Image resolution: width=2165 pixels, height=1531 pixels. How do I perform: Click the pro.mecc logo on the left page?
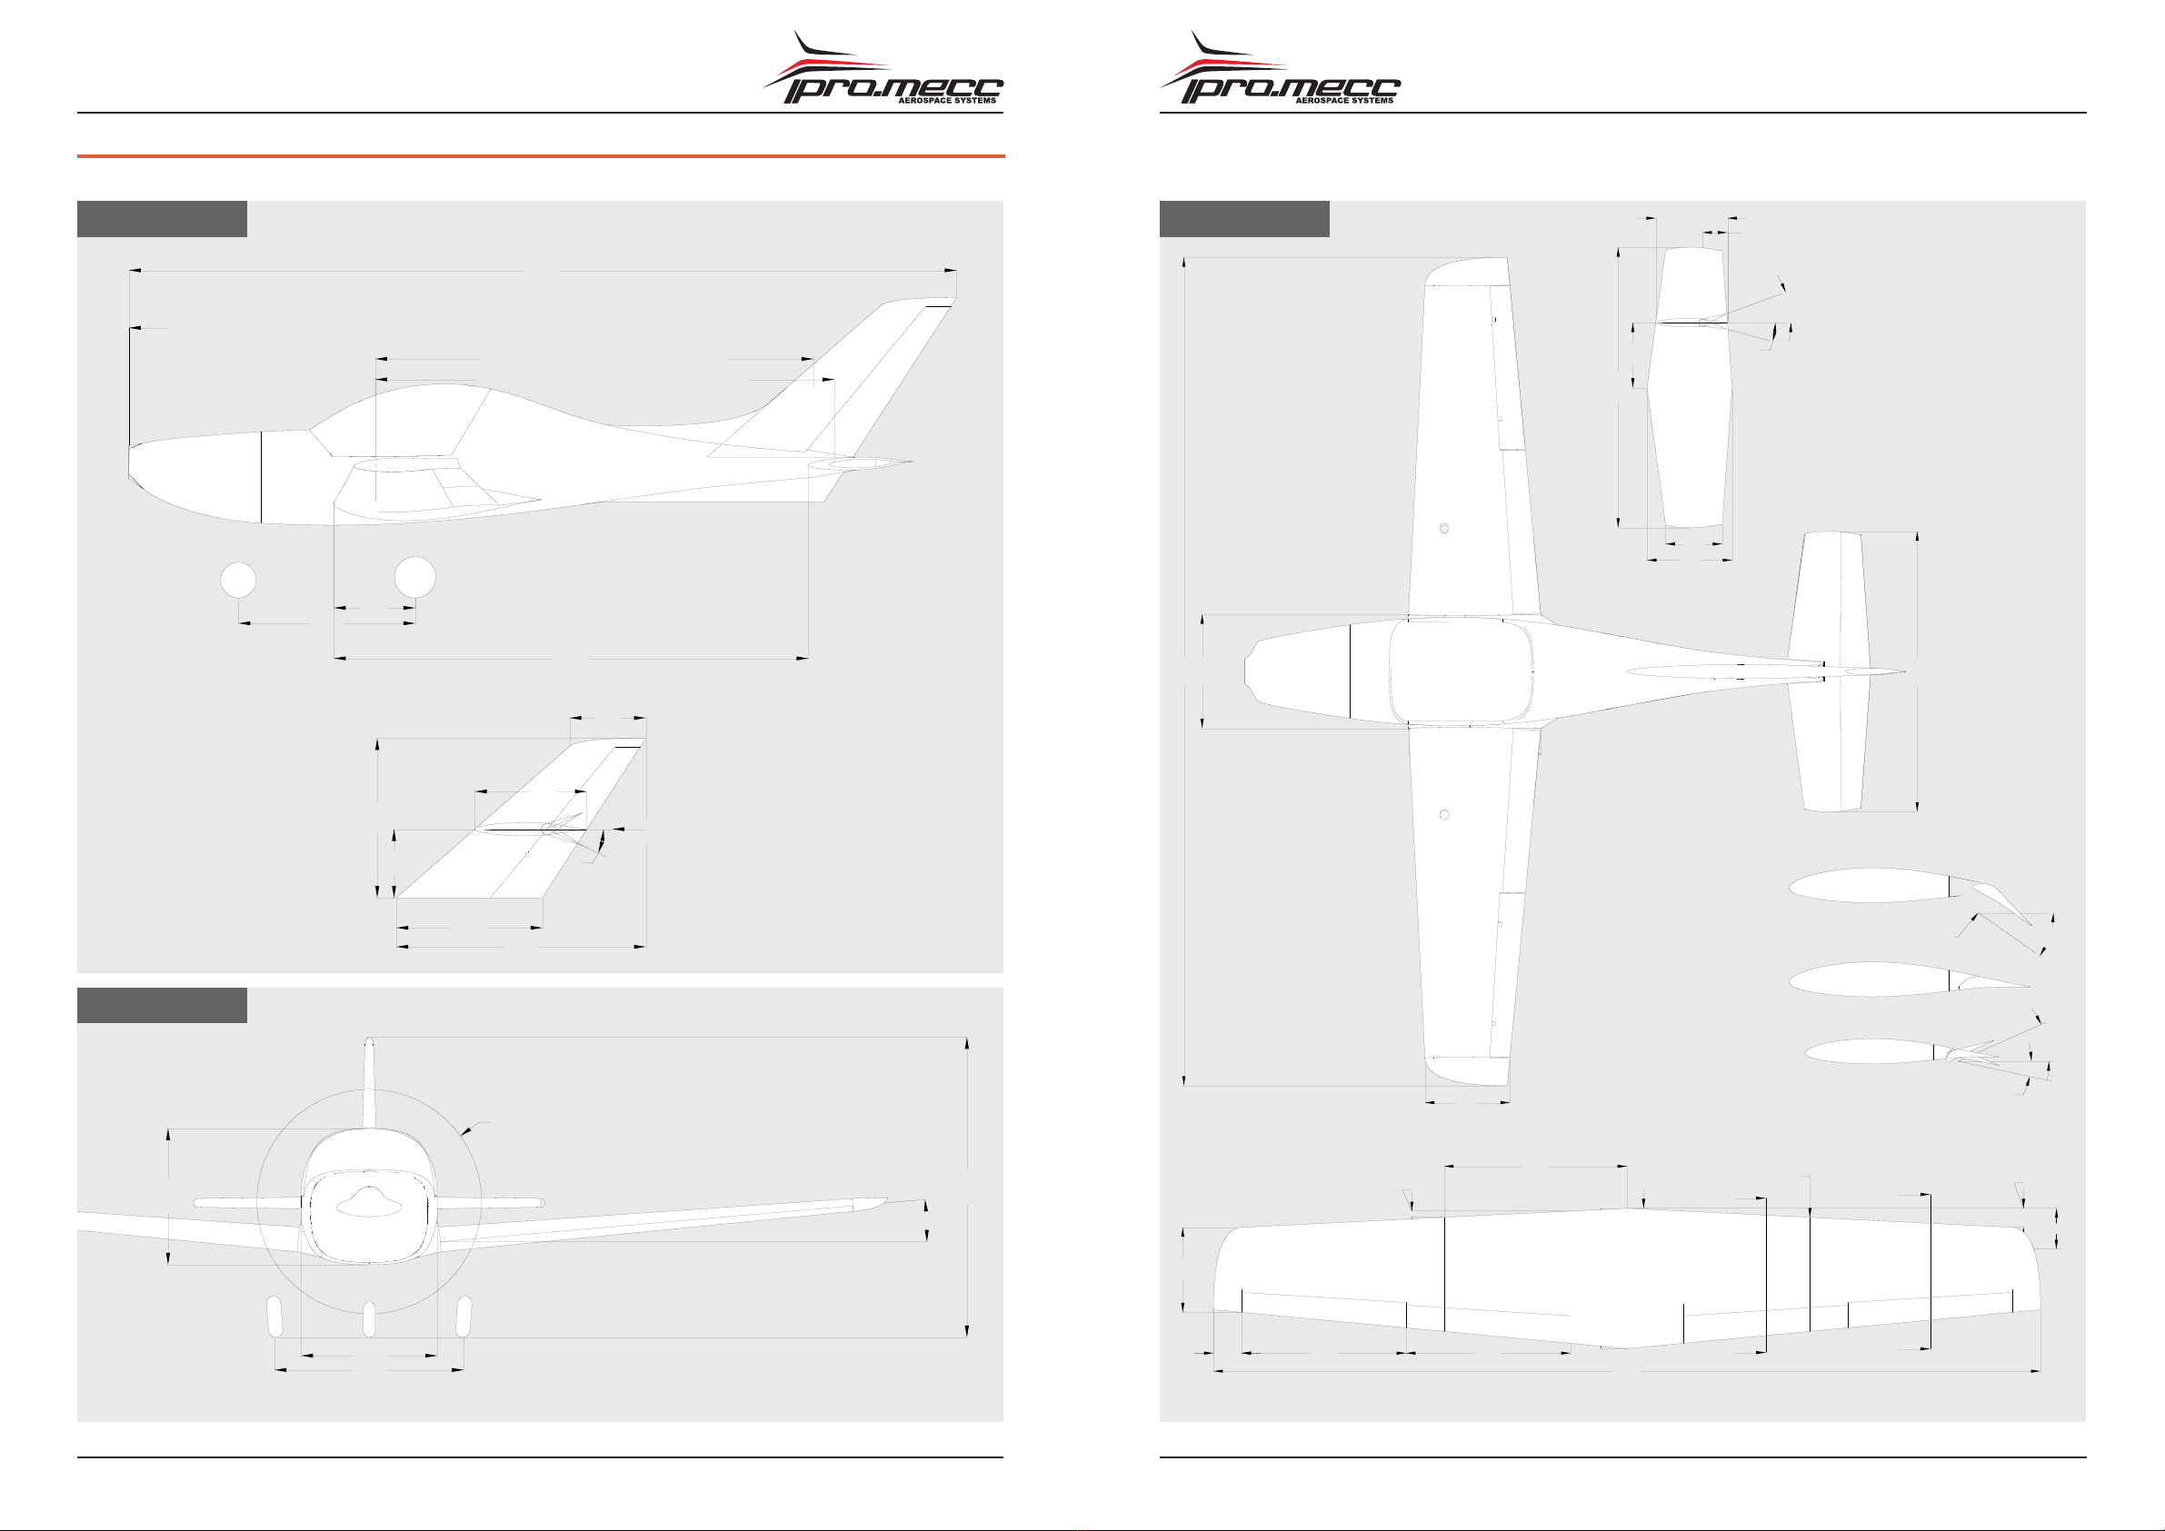point(883,68)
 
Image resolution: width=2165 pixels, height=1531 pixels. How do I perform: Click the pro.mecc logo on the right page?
point(1280,68)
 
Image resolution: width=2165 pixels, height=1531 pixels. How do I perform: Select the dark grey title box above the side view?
point(161,219)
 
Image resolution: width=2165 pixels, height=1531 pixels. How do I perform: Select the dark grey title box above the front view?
point(161,1005)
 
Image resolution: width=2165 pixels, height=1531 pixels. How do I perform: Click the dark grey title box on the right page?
point(1243,219)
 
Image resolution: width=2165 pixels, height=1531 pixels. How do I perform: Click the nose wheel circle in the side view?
point(238,580)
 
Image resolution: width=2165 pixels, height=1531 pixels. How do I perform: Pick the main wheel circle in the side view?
point(414,577)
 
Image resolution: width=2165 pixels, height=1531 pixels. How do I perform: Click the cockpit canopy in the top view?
point(1461,671)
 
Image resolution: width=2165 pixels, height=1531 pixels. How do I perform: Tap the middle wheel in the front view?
point(369,1320)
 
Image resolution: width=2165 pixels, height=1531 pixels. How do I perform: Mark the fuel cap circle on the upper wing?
point(1443,529)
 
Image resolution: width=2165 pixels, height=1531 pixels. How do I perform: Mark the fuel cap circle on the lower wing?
point(1443,814)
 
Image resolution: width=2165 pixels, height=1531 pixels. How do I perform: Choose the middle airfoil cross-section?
point(1909,979)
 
